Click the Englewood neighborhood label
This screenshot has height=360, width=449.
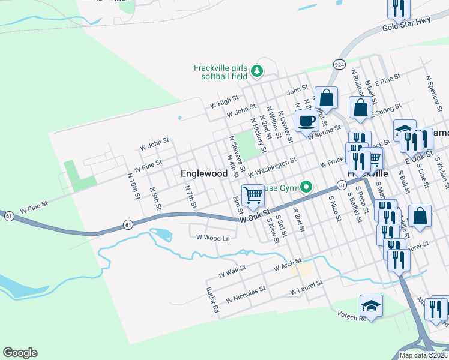(x=204, y=173)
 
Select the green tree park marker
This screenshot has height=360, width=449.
(x=257, y=71)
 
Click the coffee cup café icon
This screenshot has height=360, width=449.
(x=306, y=120)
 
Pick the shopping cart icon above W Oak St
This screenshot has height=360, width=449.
(x=253, y=194)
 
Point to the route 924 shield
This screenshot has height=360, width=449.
(x=339, y=64)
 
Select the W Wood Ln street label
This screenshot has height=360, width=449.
(x=213, y=238)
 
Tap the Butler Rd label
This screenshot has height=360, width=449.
(x=212, y=301)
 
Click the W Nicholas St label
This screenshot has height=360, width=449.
(x=246, y=295)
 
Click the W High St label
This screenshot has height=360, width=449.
(x=224, y=101)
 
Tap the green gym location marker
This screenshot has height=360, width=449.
(x=307, y=188)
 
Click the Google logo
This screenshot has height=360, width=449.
(x=20, y=353)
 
